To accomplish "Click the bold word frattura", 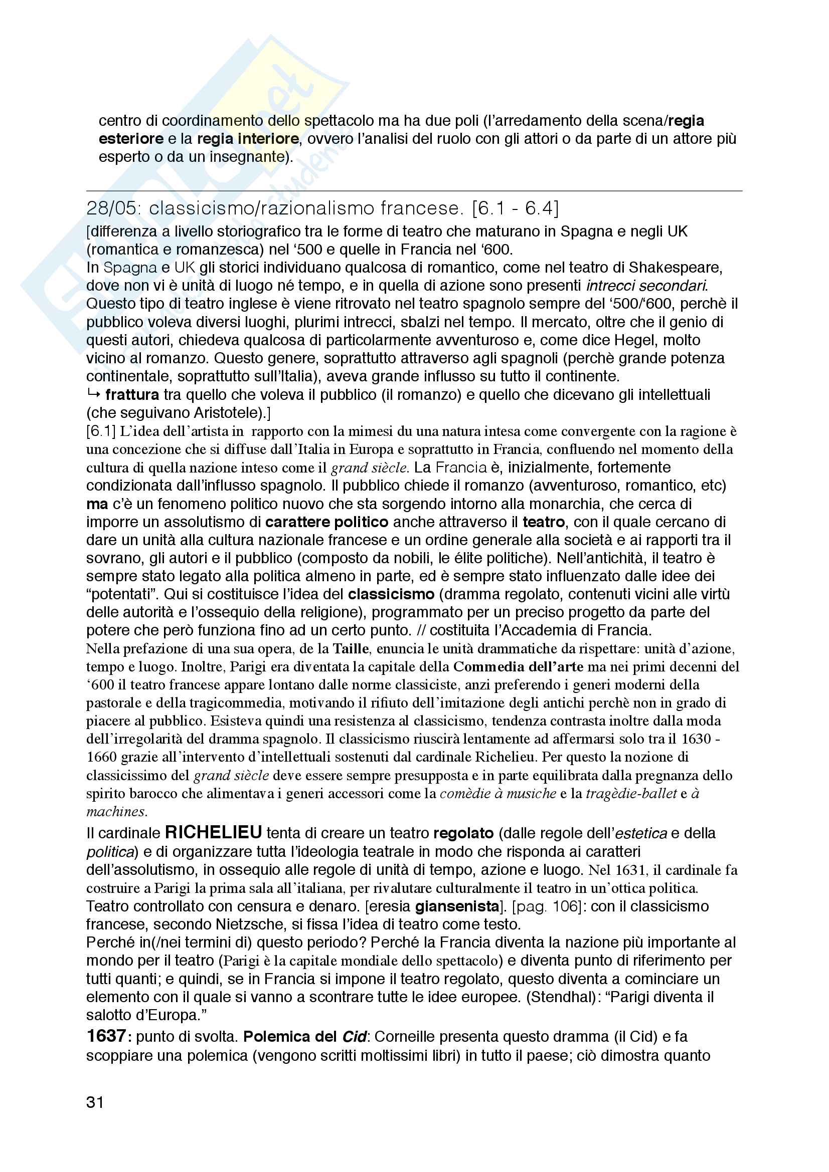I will tap(132, 394).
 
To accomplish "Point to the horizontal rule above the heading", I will tap(414, 191).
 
